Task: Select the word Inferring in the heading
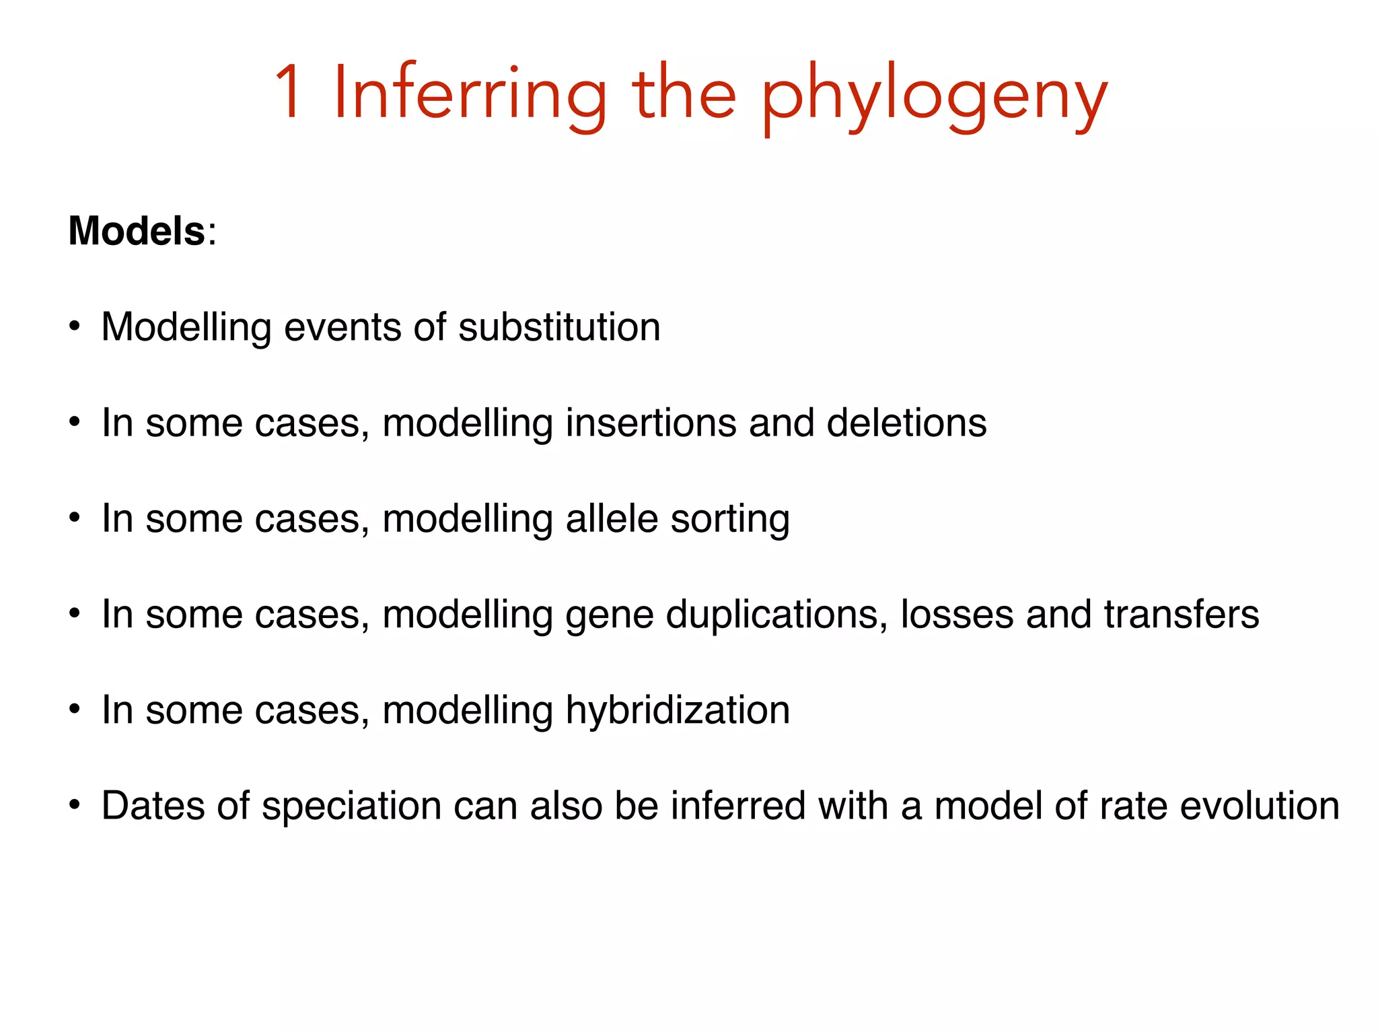pos(470,94)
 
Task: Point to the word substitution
pos(559,327)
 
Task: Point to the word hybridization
pos(678,711)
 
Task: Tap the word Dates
pos(152,806)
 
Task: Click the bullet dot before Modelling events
pos(75,328)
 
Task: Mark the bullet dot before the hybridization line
pos(75,710)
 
